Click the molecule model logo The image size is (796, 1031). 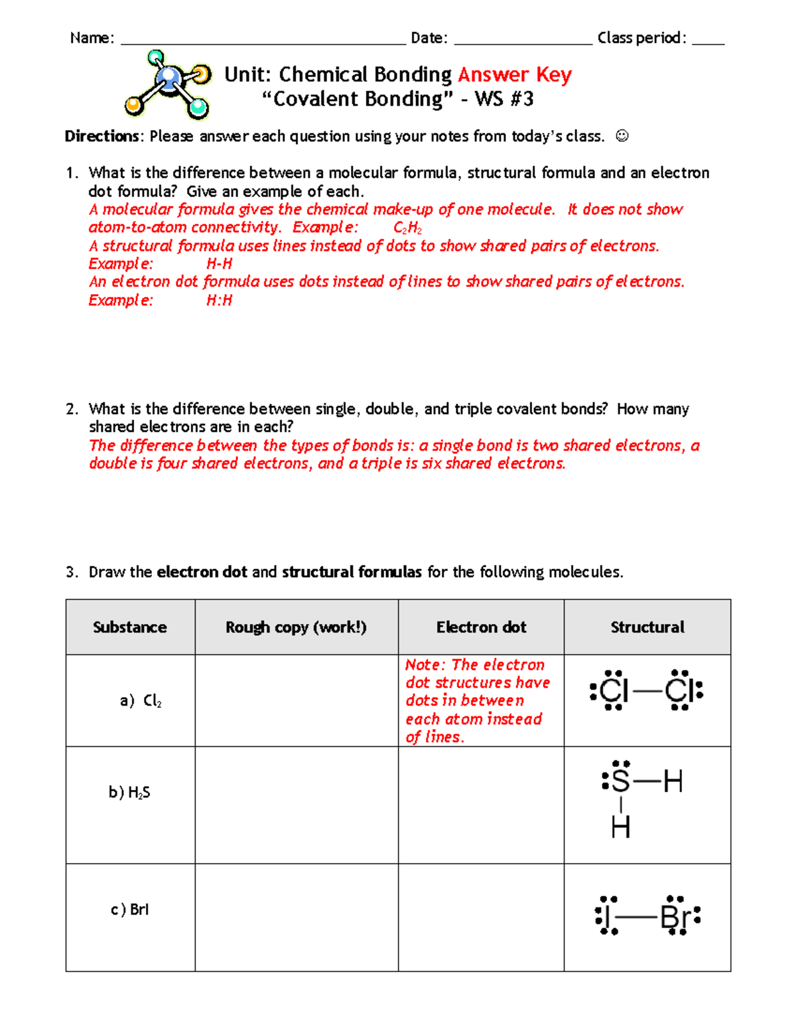click(168, 84)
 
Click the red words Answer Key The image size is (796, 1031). click(514, 74)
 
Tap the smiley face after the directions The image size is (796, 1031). click(622, 136)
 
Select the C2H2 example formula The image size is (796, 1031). click(407, 228)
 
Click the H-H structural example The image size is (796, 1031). click(219, 264)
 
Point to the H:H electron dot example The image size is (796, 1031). click(219, 301)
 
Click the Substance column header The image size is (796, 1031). click(130, 627)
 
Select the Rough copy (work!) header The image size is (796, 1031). click(296, 627)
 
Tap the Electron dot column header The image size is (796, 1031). click(481, 627)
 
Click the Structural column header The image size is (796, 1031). click(647, 627)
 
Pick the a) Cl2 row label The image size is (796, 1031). click(141, 701)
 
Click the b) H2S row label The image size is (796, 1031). click(129, 793)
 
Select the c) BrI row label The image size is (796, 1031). click(130, 910)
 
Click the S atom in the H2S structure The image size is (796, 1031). click(620, 781)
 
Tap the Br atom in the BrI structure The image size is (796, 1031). click(675, 918)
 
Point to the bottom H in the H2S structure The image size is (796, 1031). click(620, 828)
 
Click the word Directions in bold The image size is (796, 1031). click(101, 137)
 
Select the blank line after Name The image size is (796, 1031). click(263, 39)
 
